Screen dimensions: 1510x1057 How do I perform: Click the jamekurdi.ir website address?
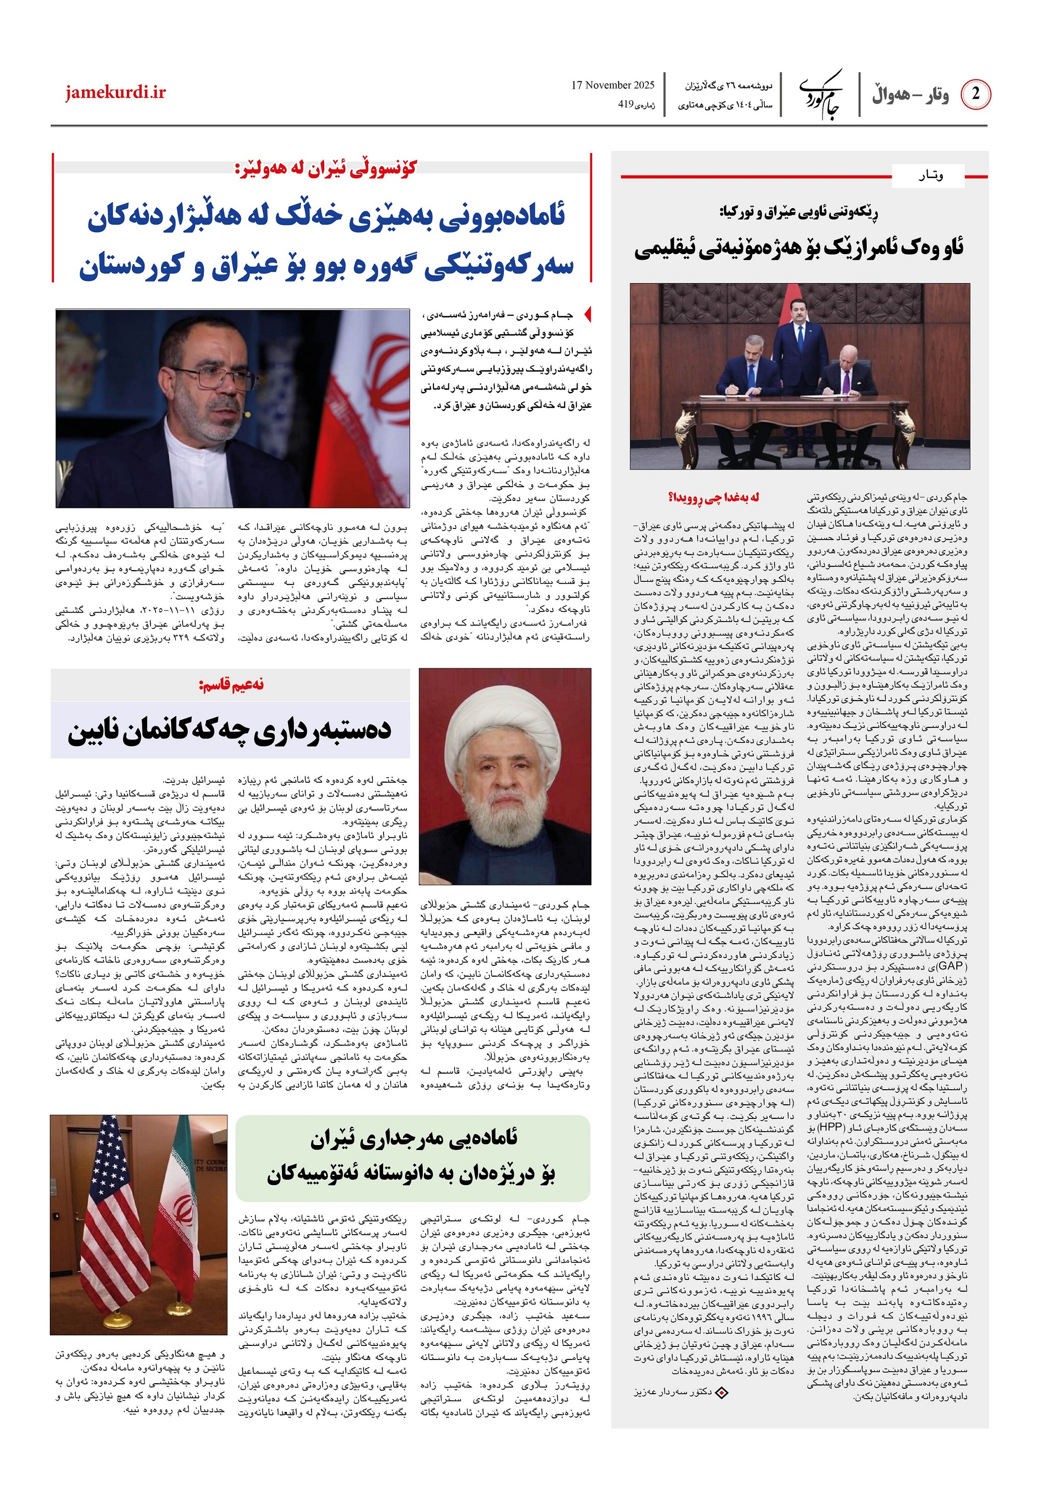(x=115, y=92)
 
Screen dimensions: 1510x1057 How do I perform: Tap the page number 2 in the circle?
(x=975, y=94)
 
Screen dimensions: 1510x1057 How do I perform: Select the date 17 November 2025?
(x=613, y=85)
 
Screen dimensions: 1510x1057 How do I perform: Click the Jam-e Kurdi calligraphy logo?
(x=820, y=94)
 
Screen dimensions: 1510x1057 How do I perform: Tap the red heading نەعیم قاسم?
(x=231, y=685)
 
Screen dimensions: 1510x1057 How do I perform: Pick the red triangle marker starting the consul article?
(x=587, y=315)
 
